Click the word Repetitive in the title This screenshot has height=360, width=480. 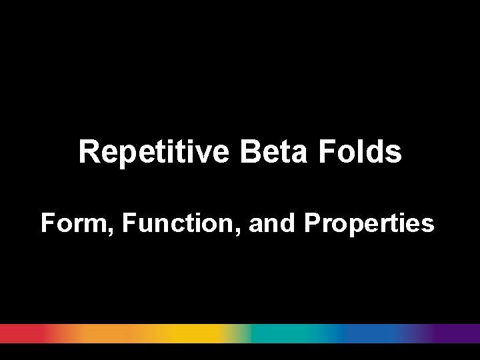point(155,152)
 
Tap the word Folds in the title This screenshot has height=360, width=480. point(359,152)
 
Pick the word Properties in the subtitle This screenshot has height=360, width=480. point(369,224)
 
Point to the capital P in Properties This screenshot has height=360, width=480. point(311,224)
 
